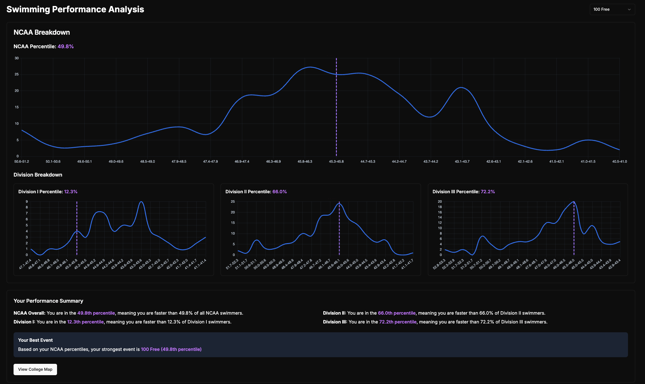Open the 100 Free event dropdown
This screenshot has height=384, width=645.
click(x=612, y=9)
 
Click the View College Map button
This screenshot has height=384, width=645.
click(x=35, y=369)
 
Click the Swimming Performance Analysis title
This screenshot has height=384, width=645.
click(x=75, y=9)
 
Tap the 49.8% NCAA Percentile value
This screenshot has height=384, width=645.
click(x=66, y=46)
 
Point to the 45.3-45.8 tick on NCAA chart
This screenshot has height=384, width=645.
click(x=336, y=161)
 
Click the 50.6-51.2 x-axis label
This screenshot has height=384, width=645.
click(x=22, y=161)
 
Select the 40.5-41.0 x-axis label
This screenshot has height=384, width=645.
click(x=619, y=161)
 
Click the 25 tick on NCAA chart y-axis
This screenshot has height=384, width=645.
click(x=17, y=74)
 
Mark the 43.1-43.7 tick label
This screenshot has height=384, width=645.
click(x=462, y=161)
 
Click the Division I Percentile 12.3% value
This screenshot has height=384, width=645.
click(x=71, y=192)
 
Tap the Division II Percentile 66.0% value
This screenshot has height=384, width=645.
click(x=279, y=192)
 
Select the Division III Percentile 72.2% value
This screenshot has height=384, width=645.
click(x=487, y=192)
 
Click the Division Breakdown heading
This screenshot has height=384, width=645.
click(x=38, y=175)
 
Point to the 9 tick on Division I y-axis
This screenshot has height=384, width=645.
click(x=27, y=201)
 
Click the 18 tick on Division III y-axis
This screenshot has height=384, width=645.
click(x=440, y=207)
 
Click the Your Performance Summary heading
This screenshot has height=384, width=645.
click(x=48, y=301)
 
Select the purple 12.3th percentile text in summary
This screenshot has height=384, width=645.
click(x=85, y=322)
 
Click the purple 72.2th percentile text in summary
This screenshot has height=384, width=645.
click(x=398, y=322)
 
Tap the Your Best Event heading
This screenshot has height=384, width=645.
click(x=35, y=340)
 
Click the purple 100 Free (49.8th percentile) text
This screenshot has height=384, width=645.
click(x=171, y=349)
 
